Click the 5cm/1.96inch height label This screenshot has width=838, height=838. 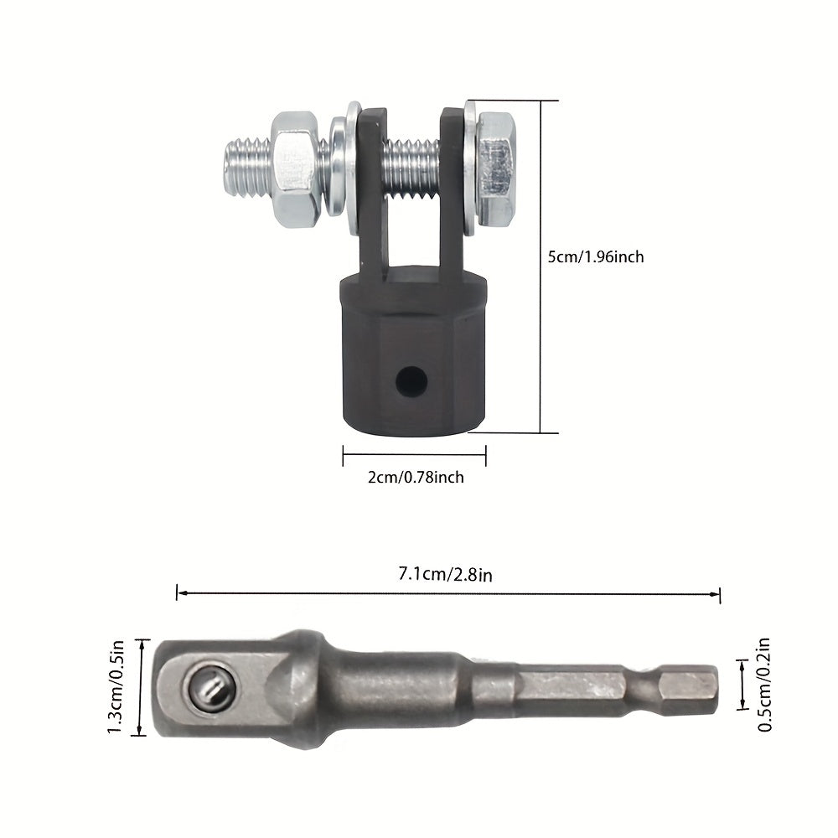coord(595,257)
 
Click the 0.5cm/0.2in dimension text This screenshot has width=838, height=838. coord(764,685)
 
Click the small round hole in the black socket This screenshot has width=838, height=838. coord(411,383)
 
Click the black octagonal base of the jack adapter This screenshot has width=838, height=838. coord(411,360)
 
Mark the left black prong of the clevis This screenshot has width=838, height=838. coord(373,193)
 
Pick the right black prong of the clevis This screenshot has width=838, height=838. coord(452,193)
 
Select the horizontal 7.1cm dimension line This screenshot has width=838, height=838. coord(449,593)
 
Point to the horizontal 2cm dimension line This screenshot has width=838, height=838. coord(414,457)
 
